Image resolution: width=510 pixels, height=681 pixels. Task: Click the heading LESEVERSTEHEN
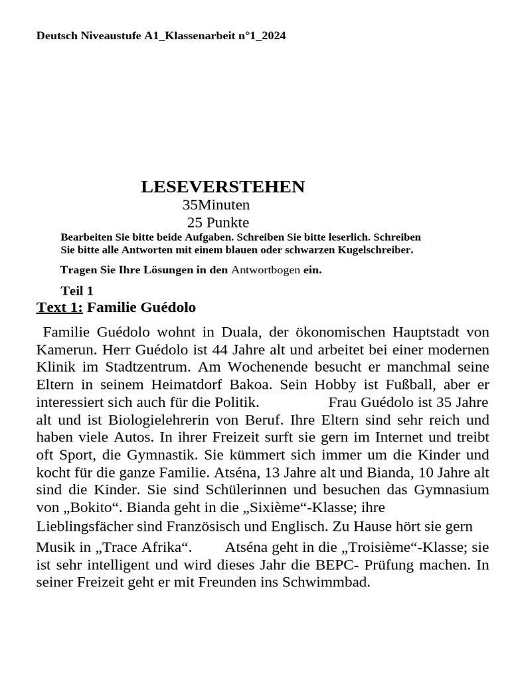[x=222, y=187]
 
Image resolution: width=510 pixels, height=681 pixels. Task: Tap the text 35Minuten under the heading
[x=216, y=205]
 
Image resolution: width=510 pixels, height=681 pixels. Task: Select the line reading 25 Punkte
[x=218, y=223]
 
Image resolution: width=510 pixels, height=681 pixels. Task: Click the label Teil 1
[x=77, y=291]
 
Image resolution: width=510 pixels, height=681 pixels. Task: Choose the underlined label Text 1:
[x=60, y=307]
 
